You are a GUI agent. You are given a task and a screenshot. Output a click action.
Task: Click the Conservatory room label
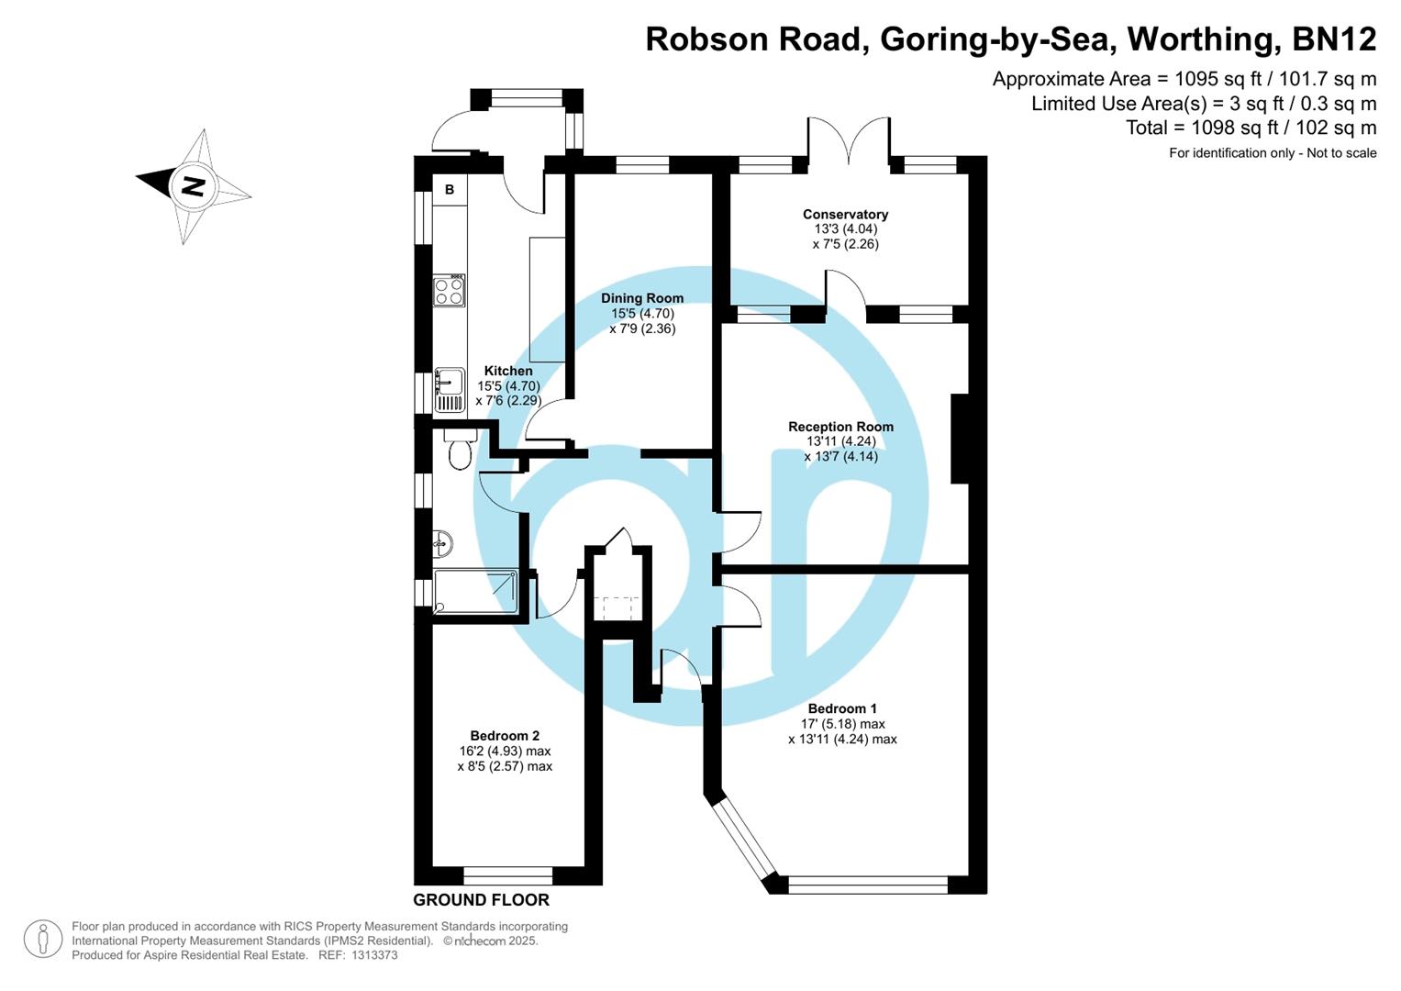pyautogui.click(x=845, y=215)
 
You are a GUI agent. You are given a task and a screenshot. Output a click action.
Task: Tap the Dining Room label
pyautogui.click(x=642, y=298)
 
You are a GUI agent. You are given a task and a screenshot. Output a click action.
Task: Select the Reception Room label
pyautogui.click(x=840, y=427)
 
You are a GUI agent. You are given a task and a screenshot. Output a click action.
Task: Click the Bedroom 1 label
pyautogui.click(x=842, y=708)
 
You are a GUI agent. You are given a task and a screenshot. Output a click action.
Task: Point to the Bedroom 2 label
pyautogui.click(x=505, y=736)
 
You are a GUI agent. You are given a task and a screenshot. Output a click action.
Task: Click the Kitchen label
pyautogui.click(x=508, y=371)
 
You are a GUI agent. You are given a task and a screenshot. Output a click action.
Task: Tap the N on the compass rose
pyautogui.click(x=193, y=186)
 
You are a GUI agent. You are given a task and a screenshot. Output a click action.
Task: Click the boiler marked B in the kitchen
pyautogui.click(x=450, y=190)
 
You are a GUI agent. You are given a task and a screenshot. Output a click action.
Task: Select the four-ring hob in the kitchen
pyautogui.click(x=450, y=291)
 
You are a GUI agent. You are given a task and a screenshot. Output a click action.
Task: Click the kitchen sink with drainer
pyautogui.click(x=450, y=390)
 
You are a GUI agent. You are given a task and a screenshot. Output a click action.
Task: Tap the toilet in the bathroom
pyautogui.click(x=459, y=450)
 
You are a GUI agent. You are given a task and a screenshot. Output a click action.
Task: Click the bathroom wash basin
pyautogui.click(x=442, y=543)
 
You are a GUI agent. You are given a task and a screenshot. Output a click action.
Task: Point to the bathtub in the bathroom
pyautogui.click(x=474, y=591)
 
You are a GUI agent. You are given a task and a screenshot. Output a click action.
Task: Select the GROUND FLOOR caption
pyautogui.click(x=481, y=900)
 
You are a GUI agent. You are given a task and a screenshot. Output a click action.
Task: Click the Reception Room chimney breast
pyautogui.click(x=960, y=439)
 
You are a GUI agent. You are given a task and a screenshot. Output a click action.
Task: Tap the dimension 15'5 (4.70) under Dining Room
pyautogui.click(x=642, y=314)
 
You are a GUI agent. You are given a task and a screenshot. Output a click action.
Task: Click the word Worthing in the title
pyautogui.click(x=1202, y=39)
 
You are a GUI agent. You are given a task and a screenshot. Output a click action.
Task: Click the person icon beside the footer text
pyautogui.click(x=43, y=940)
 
